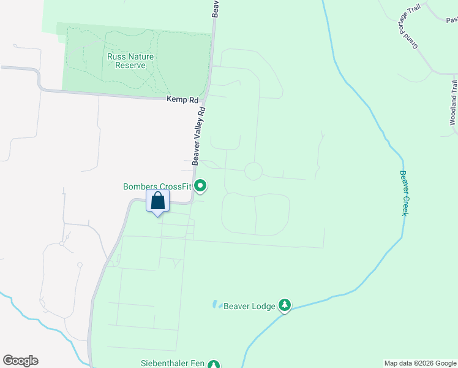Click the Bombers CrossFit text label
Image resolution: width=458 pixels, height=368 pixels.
click(157, 186)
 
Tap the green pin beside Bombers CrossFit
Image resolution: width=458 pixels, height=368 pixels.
click(200, 186)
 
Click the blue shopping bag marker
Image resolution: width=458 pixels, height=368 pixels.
click(157, 201)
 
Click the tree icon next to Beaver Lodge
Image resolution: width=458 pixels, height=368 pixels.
click(284, 304)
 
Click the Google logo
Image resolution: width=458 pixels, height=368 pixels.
click(20, 361)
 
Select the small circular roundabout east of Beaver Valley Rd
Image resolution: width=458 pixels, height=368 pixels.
click(253, 171)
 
